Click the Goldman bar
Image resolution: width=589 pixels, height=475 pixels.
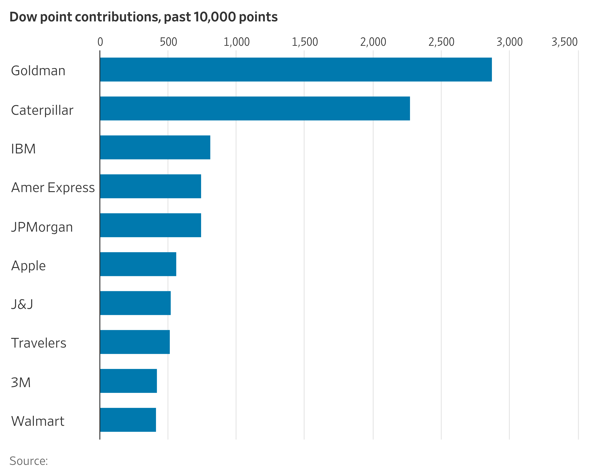click(x=296, y=69)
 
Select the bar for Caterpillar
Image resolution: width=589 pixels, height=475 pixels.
click(x=254, y=108)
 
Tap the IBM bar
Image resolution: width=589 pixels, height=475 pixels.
click(x=155, y=147)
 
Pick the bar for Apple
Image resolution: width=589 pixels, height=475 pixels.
click(x=138, y=264)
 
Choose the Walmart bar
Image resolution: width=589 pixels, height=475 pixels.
click(x=128, y=420)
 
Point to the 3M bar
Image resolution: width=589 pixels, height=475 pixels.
click(x=128, y=381)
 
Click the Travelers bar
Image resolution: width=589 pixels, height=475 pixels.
click(x=135, y=342)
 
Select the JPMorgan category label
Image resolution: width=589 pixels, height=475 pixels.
click(x=42, y=227)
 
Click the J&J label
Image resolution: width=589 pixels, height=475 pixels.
click(x=22, y=304)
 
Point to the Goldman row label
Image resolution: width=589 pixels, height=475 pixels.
click(x=38, y=71)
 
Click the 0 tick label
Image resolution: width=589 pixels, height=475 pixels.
click(x=100, y=42)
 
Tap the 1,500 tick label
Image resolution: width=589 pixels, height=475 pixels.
click(x=305, y=42)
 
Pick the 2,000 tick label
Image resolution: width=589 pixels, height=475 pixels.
click(x=373, y=42)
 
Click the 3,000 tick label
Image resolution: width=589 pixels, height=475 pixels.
click(x=509, y=42)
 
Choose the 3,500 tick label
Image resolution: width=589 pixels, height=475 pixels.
click(x=564, y=42)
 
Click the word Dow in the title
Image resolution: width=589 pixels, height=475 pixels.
click(x=23, y=17)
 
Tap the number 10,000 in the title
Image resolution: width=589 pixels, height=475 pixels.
click(x=215, y=17)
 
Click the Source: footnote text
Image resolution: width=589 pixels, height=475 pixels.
click(x=29, y=461)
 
